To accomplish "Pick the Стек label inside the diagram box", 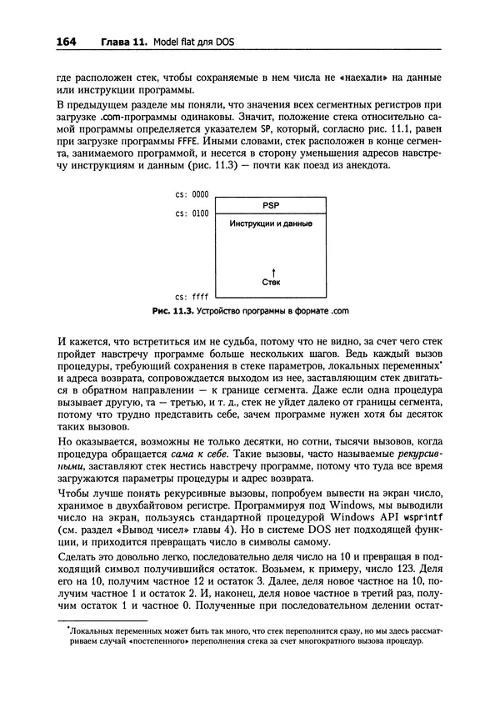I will click(x=271, y=282).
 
